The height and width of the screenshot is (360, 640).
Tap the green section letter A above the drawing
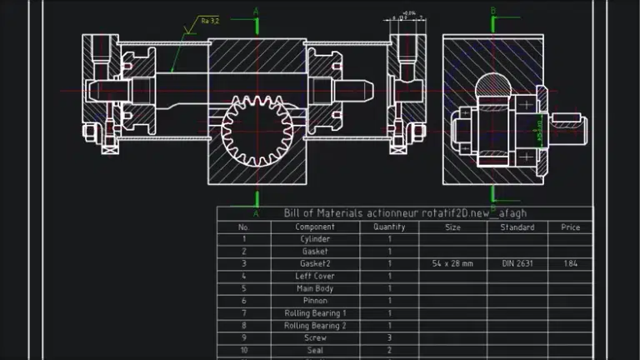coord(256,11)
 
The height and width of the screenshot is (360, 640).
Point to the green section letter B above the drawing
coord(493,11)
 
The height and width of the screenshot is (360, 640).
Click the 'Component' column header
coord(315,227)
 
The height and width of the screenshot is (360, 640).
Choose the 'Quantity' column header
coord(389,227)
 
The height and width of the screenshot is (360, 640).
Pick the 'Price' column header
coord(571,227)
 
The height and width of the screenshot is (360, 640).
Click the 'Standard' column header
coord(517,227)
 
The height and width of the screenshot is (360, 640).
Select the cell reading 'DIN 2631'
coord(517,263)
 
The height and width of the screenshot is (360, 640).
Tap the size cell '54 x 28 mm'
coord(452,263)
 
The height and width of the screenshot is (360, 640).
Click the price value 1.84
coord(571,263)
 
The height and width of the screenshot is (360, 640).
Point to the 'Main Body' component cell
coord(315,288)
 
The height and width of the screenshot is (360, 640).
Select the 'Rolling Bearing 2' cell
coord(315,326)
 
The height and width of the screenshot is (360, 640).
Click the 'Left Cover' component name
coord(315,276)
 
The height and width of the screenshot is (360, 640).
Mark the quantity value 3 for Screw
coord(389,338)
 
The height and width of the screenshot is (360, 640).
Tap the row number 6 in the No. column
coord(243,301)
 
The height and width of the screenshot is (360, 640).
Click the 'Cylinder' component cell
coord(315,239)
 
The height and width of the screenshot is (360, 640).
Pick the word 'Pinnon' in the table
coord(315,301)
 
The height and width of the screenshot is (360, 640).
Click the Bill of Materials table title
coord(405,213)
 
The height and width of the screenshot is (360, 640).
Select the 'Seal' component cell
coord(315,351)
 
